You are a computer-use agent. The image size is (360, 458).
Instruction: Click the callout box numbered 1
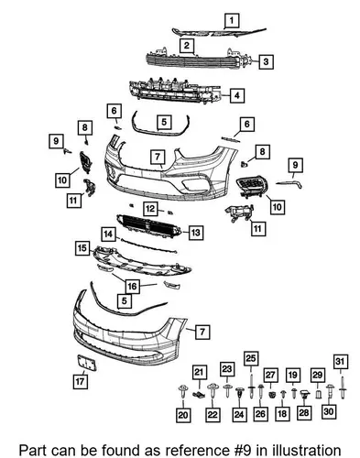232,20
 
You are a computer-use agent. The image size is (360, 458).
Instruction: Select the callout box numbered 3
266,61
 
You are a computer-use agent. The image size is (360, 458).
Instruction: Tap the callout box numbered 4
237,95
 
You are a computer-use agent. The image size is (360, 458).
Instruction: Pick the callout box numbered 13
196,233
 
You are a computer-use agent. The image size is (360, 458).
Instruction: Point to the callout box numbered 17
81,382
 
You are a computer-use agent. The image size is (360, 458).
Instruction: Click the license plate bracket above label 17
87,363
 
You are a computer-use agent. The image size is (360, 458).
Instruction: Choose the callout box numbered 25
251,358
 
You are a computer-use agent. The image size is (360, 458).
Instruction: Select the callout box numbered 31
340,362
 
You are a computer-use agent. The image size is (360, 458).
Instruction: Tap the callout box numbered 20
183,415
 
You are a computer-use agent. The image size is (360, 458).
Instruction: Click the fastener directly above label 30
330,392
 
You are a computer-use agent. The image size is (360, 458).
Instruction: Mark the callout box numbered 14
108,234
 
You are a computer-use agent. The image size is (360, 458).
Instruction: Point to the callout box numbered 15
82,248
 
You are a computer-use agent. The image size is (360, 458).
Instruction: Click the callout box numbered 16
132,287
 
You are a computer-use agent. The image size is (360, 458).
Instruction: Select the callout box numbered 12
150,209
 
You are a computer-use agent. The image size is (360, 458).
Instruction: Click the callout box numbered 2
187,46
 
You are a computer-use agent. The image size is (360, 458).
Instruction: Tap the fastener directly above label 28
305,394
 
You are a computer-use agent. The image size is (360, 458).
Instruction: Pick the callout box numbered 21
199,372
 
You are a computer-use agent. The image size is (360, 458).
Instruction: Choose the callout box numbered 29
318,376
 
